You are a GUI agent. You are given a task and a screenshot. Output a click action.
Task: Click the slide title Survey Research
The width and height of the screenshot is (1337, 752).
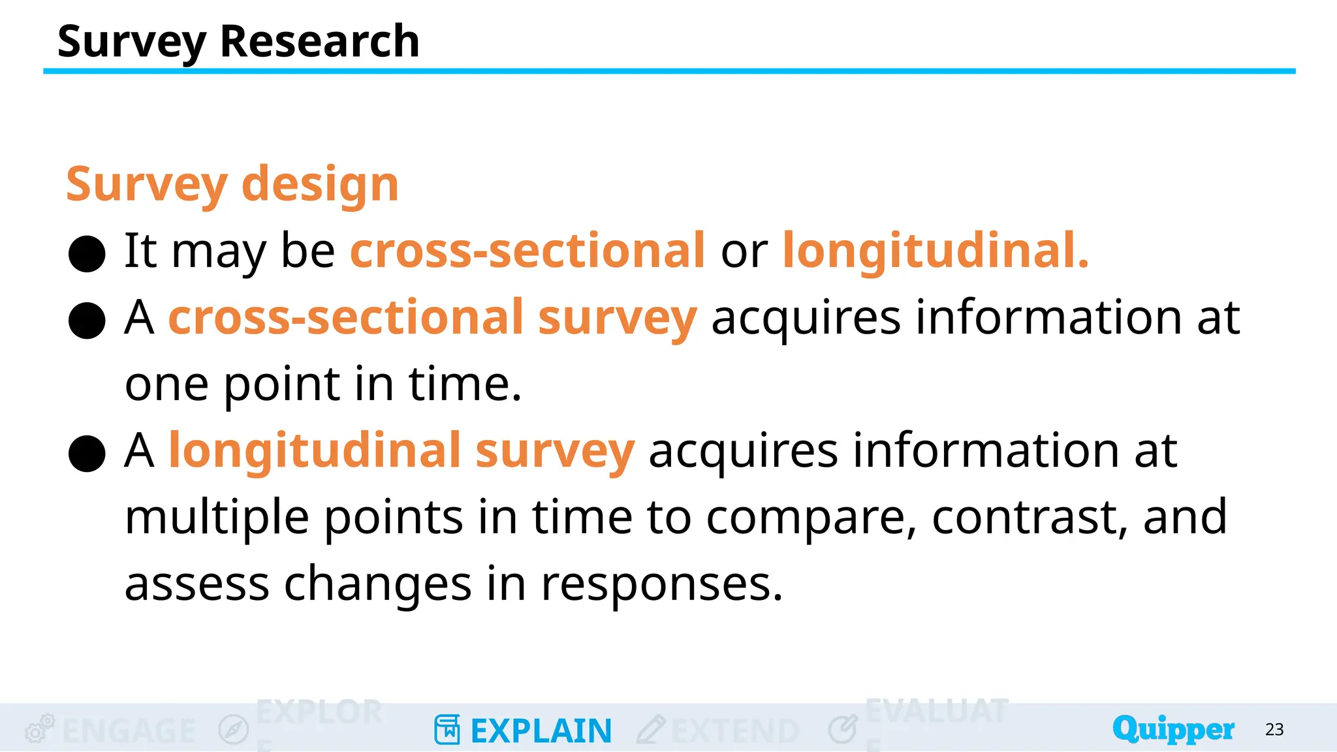point(238,42)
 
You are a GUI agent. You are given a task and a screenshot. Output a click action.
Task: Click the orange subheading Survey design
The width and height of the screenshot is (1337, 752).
point(232,185)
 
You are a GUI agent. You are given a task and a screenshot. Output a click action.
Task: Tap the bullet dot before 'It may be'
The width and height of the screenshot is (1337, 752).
point(87,253)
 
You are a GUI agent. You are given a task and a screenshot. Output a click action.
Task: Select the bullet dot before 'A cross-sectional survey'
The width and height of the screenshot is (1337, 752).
point(87,320)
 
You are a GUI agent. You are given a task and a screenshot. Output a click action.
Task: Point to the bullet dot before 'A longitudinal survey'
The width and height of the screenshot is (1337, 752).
point(87,453)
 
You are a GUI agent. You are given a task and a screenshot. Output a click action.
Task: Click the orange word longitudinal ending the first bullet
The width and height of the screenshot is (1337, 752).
point(935,251)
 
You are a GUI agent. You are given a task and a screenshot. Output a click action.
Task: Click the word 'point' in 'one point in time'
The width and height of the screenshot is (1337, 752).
point(282,385)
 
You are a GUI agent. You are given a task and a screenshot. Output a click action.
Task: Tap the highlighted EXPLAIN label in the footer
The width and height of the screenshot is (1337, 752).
point(541,731)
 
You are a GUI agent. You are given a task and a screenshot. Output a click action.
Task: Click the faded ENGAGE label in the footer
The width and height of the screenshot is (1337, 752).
point(129,731)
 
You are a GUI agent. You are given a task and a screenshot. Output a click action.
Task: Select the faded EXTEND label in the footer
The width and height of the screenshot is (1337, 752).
point(735,731)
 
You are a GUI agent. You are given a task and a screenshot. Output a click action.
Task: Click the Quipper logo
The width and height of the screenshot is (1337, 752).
point(1173,729)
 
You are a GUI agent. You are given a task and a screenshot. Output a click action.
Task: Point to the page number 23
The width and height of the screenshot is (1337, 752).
point(1274,730)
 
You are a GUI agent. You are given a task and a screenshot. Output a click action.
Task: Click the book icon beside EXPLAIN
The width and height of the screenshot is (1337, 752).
point(447,730)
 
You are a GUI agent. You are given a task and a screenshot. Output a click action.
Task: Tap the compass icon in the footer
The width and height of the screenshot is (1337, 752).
point(234,730)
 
